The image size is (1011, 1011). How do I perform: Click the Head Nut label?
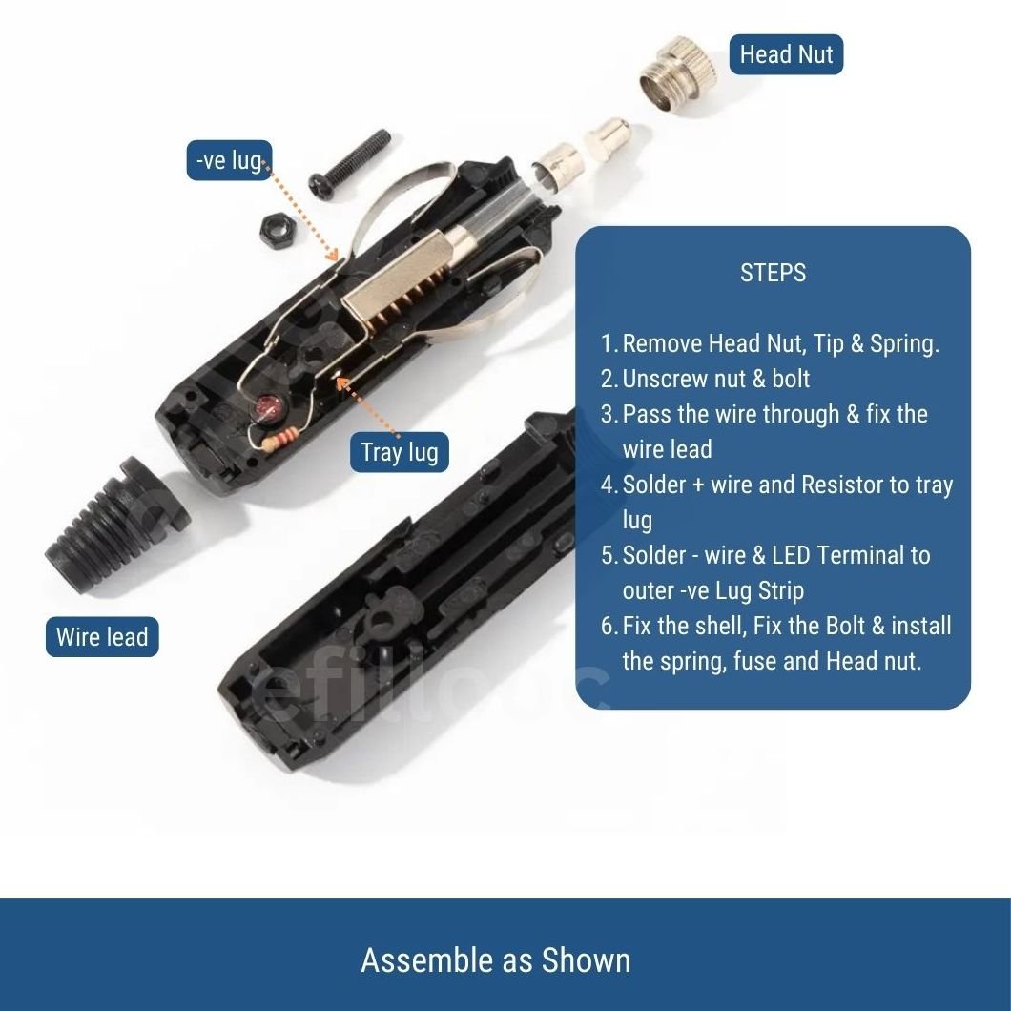786,54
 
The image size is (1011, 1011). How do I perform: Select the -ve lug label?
230,159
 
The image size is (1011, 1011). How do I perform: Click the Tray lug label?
399,452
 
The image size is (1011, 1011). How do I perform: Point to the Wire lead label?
102,637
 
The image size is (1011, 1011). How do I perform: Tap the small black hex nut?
278,229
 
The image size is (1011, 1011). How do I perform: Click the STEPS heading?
774,273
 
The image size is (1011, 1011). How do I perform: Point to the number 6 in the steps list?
609,626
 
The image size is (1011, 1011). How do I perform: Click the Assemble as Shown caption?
496,960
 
